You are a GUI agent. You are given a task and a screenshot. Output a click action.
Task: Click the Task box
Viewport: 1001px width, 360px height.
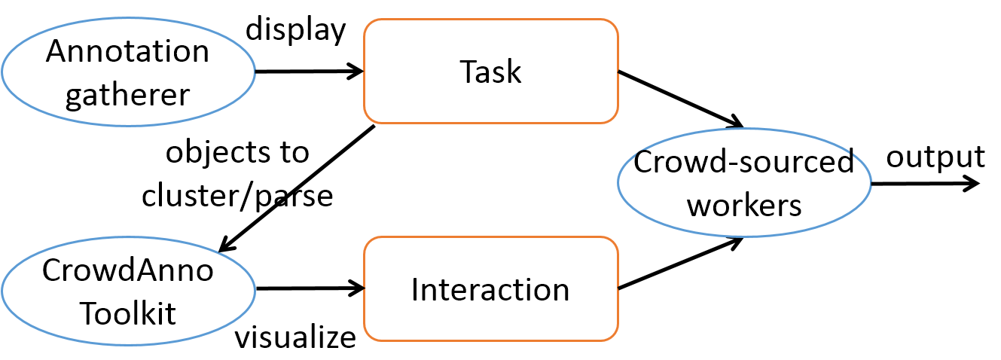coord(490,72)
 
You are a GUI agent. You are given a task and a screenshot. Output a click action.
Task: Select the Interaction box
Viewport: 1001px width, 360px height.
coord(490,289)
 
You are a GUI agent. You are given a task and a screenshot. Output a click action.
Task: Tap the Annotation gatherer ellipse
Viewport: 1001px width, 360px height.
coord(128,72)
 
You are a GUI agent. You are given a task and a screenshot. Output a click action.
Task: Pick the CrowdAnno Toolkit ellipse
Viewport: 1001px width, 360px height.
coord(128,291)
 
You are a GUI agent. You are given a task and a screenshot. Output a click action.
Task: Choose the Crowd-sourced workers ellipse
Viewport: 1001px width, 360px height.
coord(743,183)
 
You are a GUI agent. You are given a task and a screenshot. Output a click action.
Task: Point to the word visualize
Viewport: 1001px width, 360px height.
coord(295,337)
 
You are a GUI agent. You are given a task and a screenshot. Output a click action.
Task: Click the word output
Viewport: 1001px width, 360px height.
coord(935,157)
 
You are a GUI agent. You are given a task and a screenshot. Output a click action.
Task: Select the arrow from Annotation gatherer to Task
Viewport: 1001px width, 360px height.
coord(309,72)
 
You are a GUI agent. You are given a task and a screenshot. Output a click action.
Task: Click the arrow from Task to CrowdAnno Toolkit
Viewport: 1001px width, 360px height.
coord(296,188)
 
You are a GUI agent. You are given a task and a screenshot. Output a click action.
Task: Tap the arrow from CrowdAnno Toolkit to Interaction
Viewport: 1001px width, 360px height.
coord(309,288)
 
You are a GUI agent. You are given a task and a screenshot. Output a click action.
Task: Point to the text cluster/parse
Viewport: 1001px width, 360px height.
coord(237,196)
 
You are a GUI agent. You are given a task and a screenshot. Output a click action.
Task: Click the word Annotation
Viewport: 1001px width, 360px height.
coord(128,52)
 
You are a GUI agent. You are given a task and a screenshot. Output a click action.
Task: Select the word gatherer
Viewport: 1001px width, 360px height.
coord(128,95)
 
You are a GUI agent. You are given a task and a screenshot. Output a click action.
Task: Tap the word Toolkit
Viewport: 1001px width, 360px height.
coord(128,313)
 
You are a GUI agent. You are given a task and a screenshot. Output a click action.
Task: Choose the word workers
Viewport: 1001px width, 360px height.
coord(745,205)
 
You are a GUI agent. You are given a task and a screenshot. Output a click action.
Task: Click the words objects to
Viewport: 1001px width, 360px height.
coord(237,153)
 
